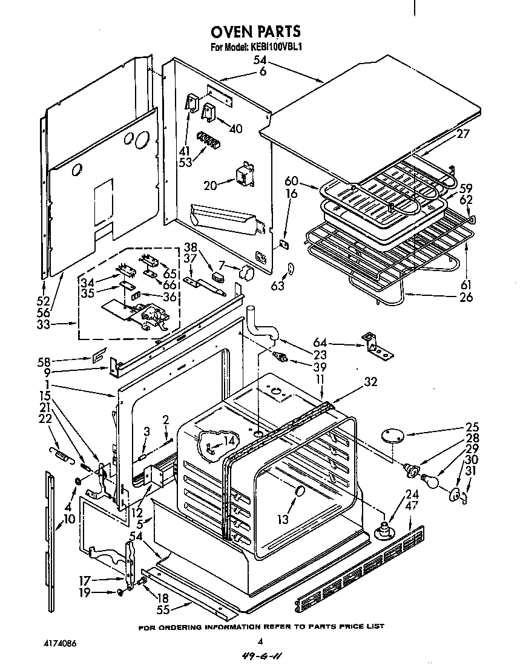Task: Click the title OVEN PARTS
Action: pos(255,31)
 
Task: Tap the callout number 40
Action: pos(235,128)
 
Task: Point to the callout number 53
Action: pos(185,162)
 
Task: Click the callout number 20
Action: pos(210,185)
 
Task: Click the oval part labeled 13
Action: pos(298,493)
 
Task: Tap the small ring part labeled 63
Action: pos(291,269)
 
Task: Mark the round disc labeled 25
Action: pos(392,436)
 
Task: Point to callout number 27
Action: pos(464,134)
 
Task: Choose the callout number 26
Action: pos(466,298)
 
